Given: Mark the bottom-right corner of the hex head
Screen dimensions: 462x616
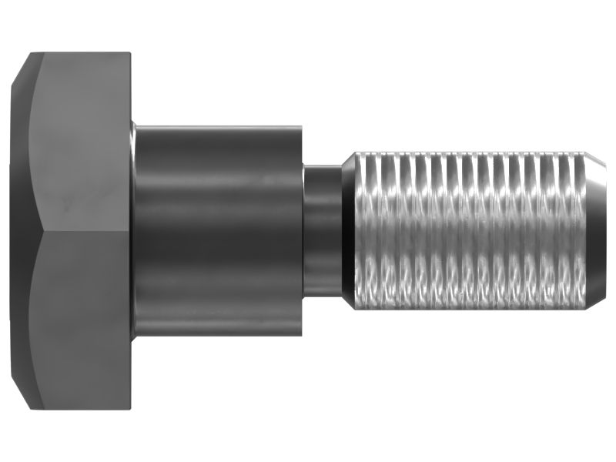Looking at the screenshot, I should pyautogui.click(x=130, y=408).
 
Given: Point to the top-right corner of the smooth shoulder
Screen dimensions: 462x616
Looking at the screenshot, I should pyautogui.click(x=301, y=122).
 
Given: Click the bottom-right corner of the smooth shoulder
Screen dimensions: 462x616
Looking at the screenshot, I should pyautogui.click(x=301, y=336).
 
